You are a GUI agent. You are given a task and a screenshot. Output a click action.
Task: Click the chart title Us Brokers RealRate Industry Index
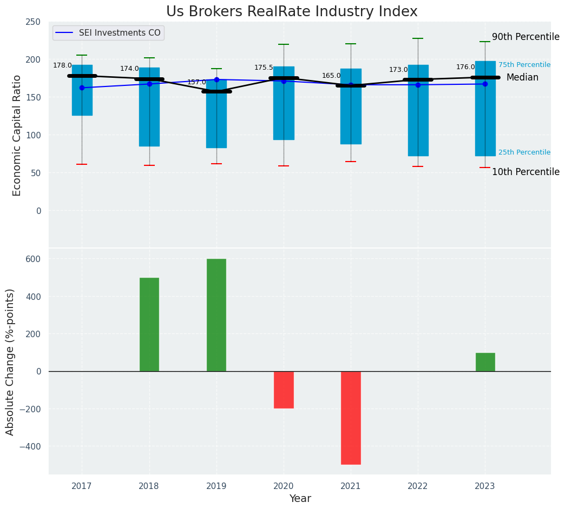pos(292,12)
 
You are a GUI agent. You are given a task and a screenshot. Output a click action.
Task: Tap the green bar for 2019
pos(216,315)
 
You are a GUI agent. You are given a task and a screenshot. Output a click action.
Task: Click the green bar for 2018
pos(149,324)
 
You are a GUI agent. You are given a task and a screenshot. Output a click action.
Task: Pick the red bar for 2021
pos(351,417)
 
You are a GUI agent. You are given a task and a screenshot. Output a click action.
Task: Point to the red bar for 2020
pos(284,390)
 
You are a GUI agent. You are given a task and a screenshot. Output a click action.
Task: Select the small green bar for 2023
pos(485,362)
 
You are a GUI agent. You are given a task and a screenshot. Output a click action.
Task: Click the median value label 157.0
pos(196,82)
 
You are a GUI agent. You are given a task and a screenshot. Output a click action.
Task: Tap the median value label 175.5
pos(264,68)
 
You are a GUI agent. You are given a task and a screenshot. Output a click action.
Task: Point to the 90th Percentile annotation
pos(525,37)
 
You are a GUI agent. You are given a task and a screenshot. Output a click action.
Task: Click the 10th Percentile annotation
pos(525,172)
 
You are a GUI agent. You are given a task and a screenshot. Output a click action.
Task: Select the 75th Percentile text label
pos(524,65)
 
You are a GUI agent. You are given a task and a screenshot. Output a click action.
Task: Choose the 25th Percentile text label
pos(524,152)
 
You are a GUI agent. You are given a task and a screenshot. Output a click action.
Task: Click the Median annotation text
pos(522,78)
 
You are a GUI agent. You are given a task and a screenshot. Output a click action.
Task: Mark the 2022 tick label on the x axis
pos(418,486)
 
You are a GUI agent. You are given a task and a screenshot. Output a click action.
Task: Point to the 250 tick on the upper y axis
pos(33,22)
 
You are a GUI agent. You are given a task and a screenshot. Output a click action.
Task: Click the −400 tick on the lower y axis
pos(28,446)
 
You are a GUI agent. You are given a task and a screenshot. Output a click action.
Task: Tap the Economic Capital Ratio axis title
pos(17,135)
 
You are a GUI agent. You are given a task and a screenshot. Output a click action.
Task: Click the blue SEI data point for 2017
pos(82,88)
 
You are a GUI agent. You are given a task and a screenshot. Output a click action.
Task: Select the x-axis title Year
pos(300,499)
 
